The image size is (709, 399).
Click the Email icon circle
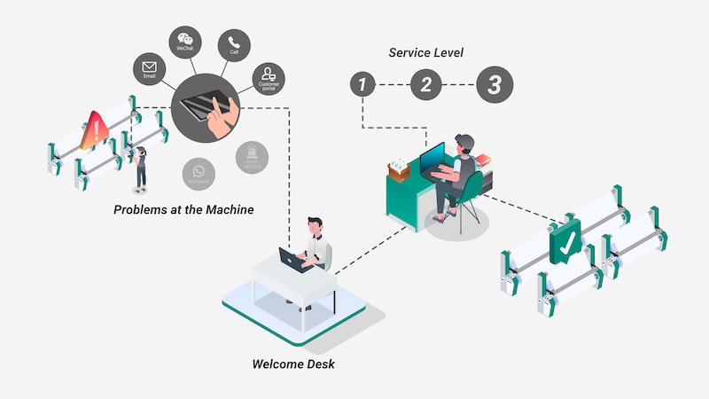(147, 68)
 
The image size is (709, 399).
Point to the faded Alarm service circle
(252, 157)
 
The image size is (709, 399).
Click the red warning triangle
(93, 130)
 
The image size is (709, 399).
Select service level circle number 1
(362, 85)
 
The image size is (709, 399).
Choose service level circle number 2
(425, 85)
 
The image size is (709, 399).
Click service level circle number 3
(495, 85)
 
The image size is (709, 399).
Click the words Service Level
(425, 52)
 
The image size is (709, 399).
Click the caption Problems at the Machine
(183, 210)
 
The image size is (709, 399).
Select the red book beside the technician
(483, 160)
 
